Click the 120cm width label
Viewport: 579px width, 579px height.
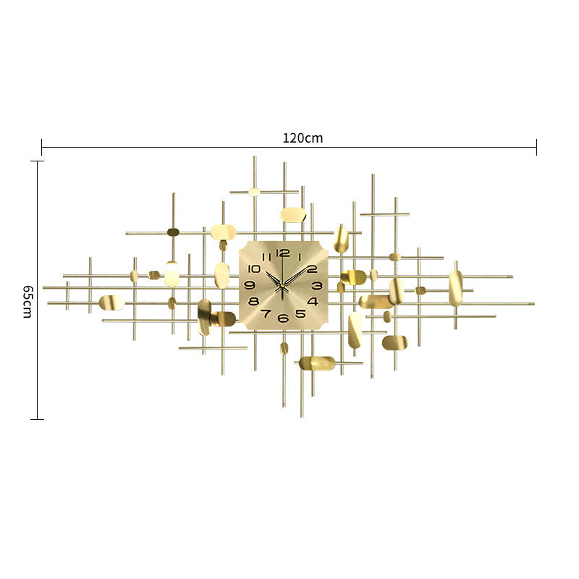coord(303,138)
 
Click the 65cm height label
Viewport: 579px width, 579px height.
coord(28,301)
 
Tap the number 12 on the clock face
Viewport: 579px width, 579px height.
coord(283,253)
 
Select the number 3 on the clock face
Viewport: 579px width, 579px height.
coord(317,285)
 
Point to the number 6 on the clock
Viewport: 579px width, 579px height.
coord(283,318)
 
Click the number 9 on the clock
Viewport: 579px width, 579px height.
coord(250,285)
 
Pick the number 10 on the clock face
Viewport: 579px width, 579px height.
coord(254,269)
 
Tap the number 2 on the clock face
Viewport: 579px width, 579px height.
coord(312,269)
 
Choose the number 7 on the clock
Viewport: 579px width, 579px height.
coord(266,314)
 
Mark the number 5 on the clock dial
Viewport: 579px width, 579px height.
coord(300,314)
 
